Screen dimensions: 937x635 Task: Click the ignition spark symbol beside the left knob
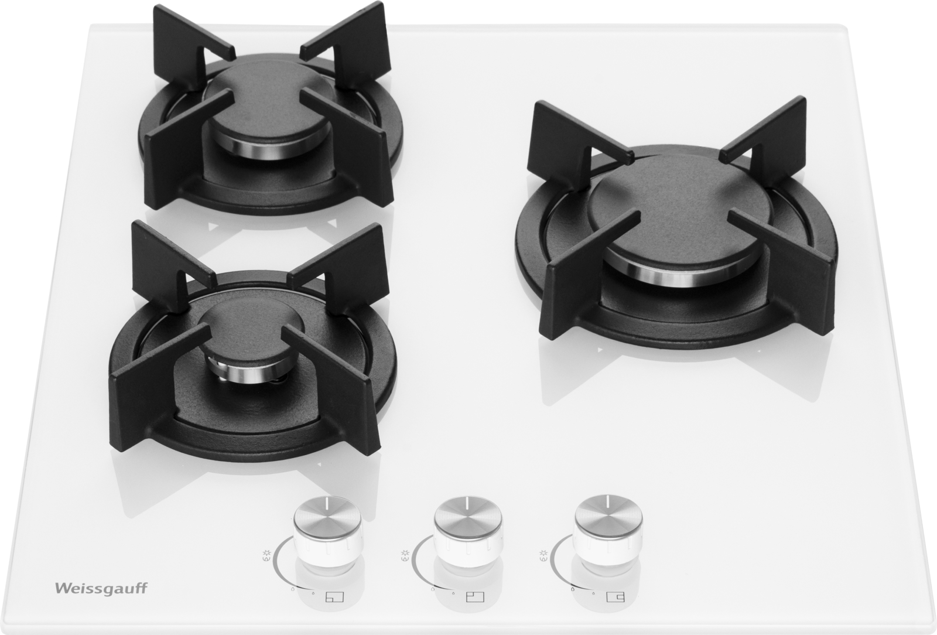pos(266,554)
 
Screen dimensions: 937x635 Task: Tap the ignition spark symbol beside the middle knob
pos(405,554)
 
